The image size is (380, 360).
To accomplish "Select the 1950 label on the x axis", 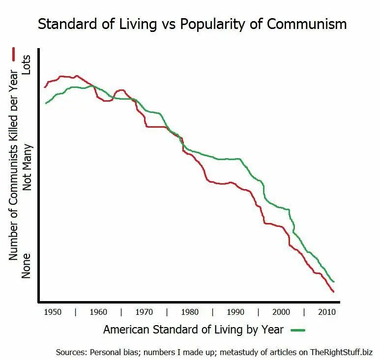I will [x=53, y=312].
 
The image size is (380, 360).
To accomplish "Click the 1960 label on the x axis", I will [x=98, y=312].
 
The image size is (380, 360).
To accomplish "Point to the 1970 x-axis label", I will [x=144, y=312].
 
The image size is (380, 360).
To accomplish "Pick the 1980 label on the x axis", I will [x=190, y=312].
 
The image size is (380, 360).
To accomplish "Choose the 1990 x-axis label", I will [x=235, y=312].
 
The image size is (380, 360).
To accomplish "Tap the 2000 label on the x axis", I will [x=281, y=312].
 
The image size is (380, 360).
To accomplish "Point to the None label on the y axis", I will [x=26, y=265].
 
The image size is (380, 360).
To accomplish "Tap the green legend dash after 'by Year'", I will [x=298, y=330].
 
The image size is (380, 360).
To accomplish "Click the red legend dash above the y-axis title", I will [x=14, y=54].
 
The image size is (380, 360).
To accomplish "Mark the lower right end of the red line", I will [x=333, y=292].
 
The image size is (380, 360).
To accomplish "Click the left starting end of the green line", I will [x=46, y=103].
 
